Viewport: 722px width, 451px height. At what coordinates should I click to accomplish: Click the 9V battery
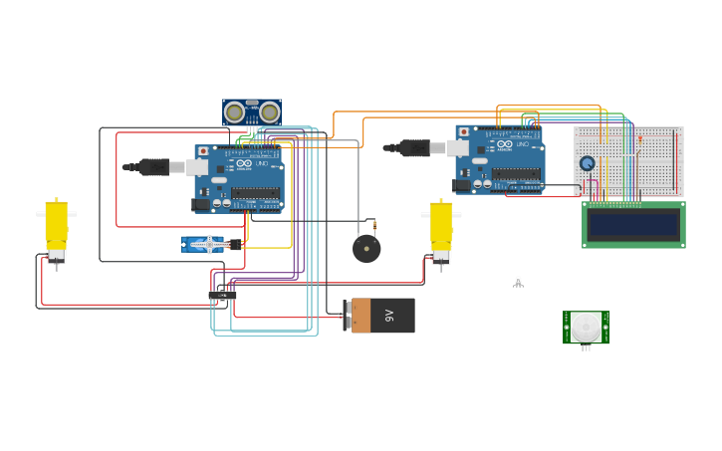tap(379, 316)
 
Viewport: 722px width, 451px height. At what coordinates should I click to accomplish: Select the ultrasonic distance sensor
tap(252, 113)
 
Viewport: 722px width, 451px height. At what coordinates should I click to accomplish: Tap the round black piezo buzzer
tap(366, 249)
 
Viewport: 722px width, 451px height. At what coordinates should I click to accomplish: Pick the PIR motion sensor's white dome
tap(586, 327)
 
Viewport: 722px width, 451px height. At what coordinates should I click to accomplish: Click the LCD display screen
tap(633, 225)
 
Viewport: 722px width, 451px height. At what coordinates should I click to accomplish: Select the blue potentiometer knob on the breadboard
tap(588, 163)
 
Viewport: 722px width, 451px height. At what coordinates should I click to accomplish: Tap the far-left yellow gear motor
tap(56, 226)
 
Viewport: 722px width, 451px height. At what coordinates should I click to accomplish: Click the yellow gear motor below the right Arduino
tap(440, 228)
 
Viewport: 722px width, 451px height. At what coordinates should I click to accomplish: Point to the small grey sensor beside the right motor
tap(518, 282)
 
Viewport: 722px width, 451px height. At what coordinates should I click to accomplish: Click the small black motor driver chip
tap(223, 295)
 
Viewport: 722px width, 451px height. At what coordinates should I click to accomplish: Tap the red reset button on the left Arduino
tap(204, 151)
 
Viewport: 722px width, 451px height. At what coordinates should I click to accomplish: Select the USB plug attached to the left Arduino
tap(158, 167)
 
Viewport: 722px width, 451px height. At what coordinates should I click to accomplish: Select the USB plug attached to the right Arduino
tap(418, 147)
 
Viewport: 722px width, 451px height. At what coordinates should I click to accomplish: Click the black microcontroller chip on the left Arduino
tap(255, 193)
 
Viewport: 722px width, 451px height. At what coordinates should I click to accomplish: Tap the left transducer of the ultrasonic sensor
tap(235, 113)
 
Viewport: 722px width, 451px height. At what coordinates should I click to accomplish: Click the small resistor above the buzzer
tap(374, 225)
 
